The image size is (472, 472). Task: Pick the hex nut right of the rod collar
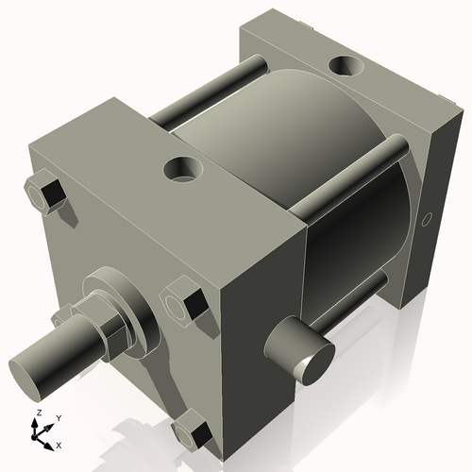[183, 303]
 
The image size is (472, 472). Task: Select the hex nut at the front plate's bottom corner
[193, 431]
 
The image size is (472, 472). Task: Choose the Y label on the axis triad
[58, 417]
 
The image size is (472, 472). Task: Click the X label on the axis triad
[59, 443]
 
